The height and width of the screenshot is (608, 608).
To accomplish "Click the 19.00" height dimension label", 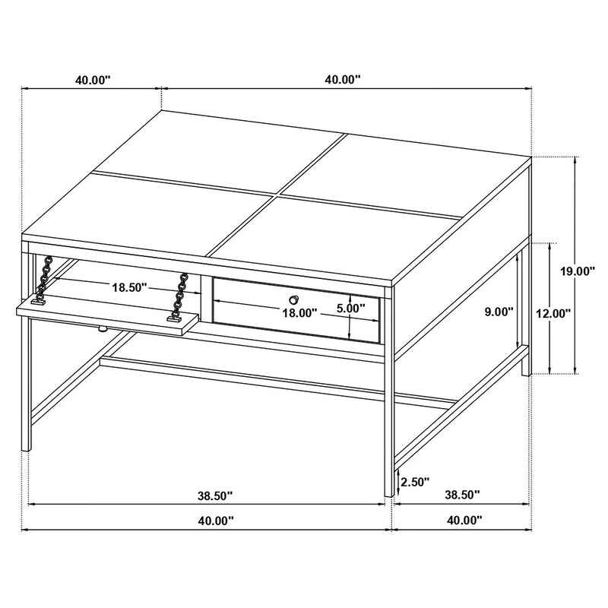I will point(579,271).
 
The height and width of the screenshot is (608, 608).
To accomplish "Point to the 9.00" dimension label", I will point(499,311).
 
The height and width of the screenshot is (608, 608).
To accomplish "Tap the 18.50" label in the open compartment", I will point(129,288).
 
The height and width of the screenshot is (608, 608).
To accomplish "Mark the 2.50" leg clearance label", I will point(416,481).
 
